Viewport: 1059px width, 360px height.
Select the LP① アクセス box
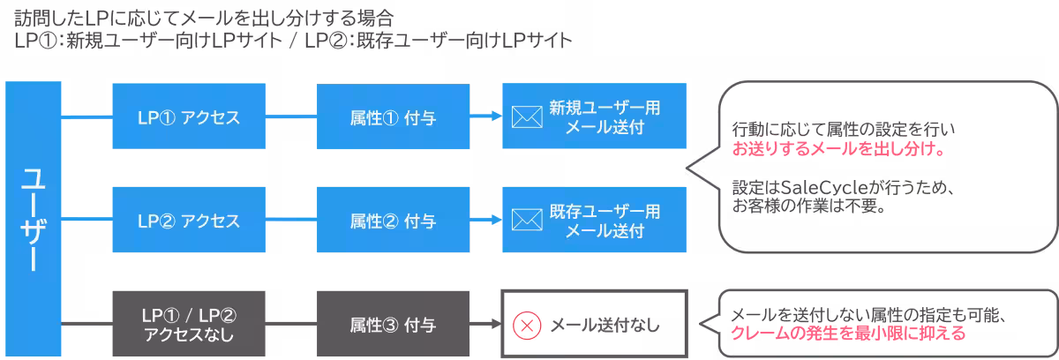[189, 116]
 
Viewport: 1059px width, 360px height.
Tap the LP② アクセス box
[189, 220]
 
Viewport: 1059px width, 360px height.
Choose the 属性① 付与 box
[392, 116]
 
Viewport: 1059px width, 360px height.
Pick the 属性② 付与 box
[392, 220]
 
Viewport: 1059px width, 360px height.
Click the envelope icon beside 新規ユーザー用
[526, 116]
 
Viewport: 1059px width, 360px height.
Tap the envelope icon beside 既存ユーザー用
[526, 221]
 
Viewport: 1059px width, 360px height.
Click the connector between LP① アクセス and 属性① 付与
[290, 116]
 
